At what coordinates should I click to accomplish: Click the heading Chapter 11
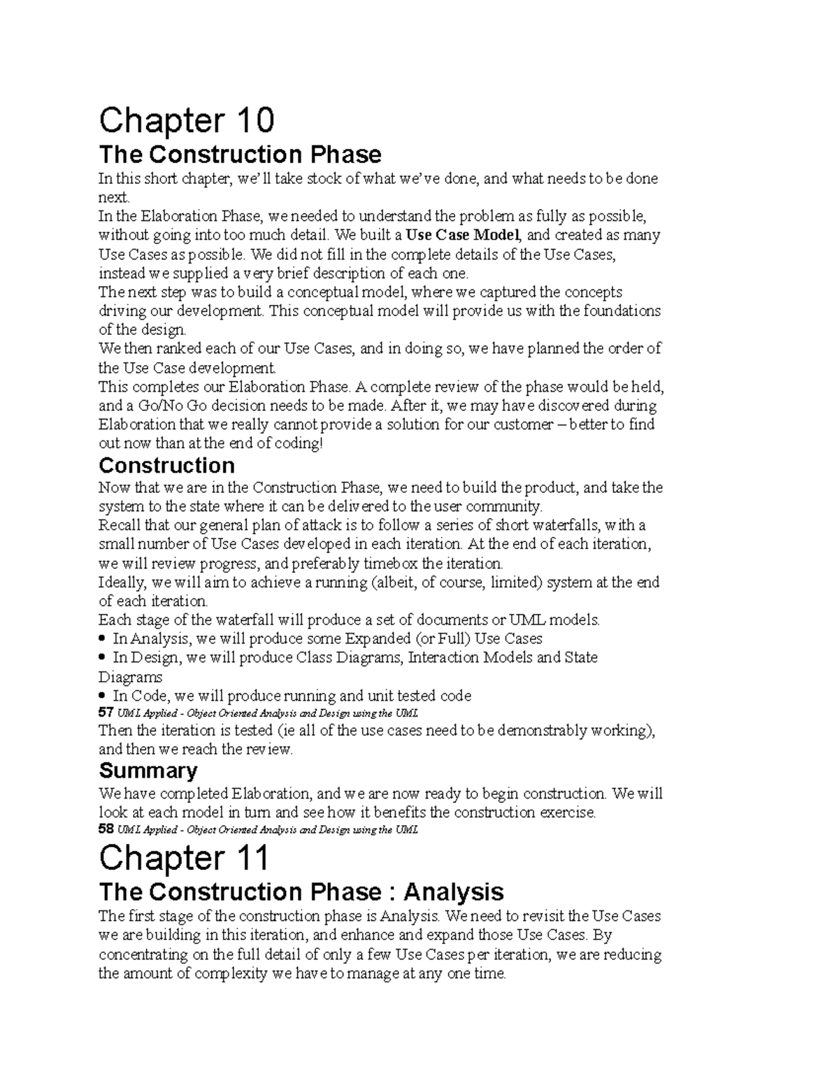184,858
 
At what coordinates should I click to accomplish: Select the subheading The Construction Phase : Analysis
301,892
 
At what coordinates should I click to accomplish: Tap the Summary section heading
148,771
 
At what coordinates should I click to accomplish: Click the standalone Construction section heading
166,466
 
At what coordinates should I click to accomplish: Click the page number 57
106,713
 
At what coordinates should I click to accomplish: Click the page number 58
106,830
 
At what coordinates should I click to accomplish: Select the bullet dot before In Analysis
103,638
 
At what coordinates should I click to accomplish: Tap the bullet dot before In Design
103,657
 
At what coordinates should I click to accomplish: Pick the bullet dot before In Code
103,696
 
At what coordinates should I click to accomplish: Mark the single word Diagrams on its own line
130,677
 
